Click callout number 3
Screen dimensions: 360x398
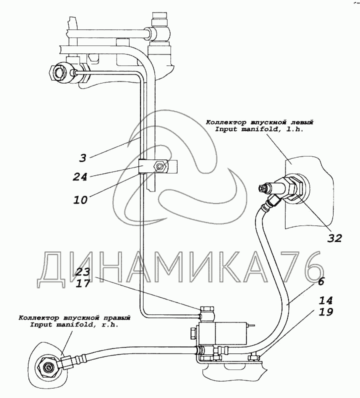click(x=82, y=158)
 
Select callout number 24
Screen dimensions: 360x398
click(x=79, y=176)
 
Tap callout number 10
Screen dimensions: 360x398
click(x=80, y=200)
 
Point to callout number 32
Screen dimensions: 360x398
click(x=334, y=238)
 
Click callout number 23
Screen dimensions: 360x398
click(x=83, y=271)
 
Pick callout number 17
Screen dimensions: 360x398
click(x=83, y=283)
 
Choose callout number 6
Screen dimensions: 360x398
click(x=321, y=281)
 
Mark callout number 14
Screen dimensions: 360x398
click(x=325, y=300)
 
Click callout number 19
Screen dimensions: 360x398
click(x=325, y=312)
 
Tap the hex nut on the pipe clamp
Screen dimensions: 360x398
click(x=159, y=166)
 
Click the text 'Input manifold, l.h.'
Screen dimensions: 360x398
click(x=259, y=129)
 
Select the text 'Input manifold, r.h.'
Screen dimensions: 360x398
click(x=74, y=324)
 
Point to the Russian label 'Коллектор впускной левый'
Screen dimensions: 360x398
click(x=259, y=122)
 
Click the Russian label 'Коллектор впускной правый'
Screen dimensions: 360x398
click(x=74, y=318)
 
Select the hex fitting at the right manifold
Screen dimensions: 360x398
click(x=47, y=367)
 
